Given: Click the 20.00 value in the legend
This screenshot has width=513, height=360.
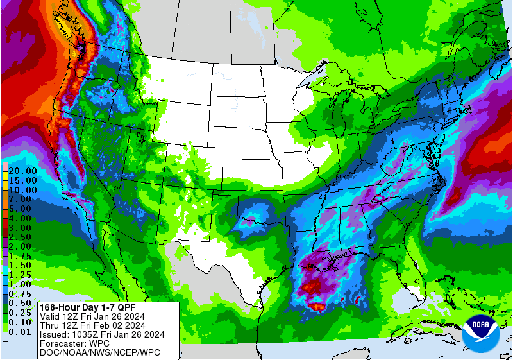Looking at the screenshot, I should (22, 171).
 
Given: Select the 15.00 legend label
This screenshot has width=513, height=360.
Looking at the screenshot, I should (22, 181).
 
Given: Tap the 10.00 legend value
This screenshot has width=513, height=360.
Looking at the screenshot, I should (22, 190).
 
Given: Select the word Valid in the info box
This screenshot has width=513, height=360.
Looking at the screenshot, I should (50, 316).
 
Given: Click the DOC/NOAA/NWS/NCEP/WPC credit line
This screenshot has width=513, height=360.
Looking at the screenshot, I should (99, 352).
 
